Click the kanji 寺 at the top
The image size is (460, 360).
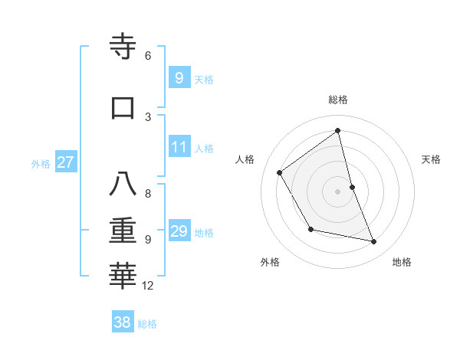coord(124,47)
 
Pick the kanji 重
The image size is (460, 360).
coord(123,231)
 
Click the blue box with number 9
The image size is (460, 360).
coord(179,77)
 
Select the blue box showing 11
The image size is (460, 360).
coord(179,147)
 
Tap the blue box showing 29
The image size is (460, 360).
coord(179,231)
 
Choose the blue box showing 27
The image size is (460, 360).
coord(65,162)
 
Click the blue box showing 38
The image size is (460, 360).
coord(123,322)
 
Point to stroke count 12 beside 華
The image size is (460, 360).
coord(148,286)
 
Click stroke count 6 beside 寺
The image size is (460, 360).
coord(148,56)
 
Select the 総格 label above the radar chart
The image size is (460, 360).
coord(338,100)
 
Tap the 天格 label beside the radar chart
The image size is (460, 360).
coord(431,159)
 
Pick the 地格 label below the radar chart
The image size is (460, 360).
coord(402,262)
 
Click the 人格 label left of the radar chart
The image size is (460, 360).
coord(245,159)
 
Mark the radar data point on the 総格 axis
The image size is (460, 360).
coord(338,130)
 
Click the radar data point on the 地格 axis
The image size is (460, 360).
coord(374,242)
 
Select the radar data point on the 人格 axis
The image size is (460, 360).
coord(280,172)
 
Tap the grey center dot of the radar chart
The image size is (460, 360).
coord(338,191)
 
